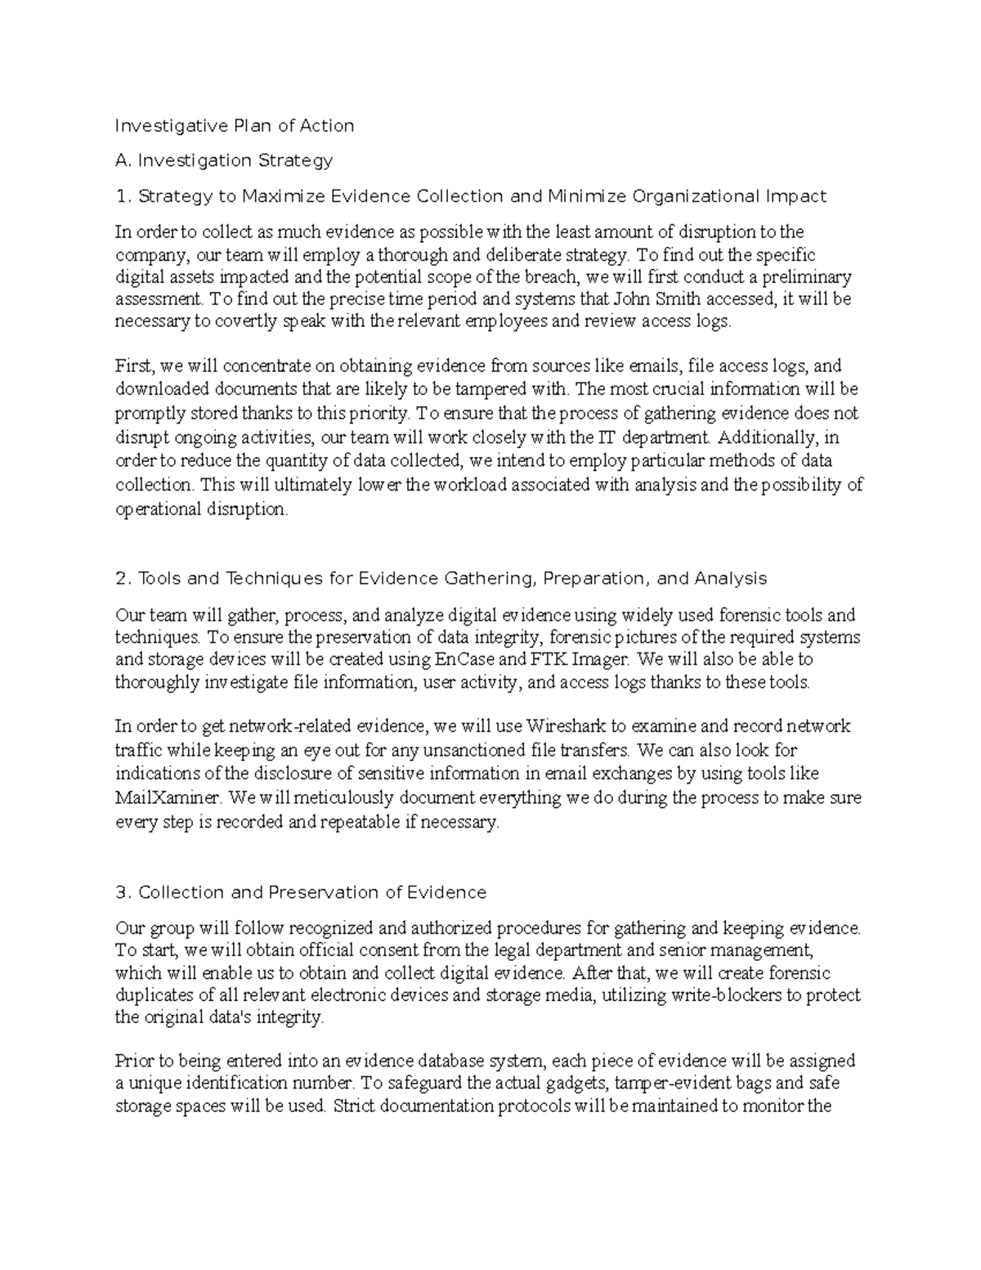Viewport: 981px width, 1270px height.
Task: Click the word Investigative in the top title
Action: [163, 125]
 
